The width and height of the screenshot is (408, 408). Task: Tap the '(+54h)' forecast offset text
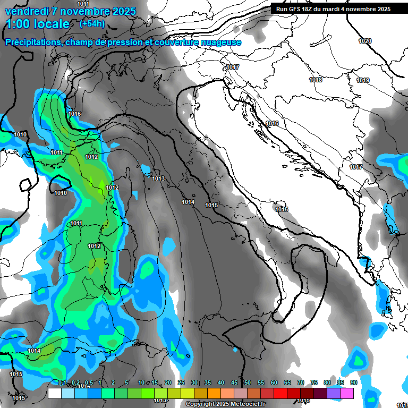(92, 24)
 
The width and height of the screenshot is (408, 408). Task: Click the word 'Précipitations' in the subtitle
(33, 42)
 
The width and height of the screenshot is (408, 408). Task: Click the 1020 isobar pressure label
(365, 41)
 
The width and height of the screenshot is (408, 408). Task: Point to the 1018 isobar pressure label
(316, 80)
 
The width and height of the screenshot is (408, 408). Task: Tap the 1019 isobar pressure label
(363, 80)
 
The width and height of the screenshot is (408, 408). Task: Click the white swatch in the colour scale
(54, 393)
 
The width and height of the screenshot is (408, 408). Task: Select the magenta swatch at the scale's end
(347, 393)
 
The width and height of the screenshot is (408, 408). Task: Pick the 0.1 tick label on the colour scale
(62, 383)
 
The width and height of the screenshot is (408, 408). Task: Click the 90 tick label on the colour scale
(353, 383)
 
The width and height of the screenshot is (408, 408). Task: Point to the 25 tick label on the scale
(181, 383)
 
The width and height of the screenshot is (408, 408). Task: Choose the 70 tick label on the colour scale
(301, 383)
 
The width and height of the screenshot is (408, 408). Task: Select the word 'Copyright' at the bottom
(200, 404)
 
